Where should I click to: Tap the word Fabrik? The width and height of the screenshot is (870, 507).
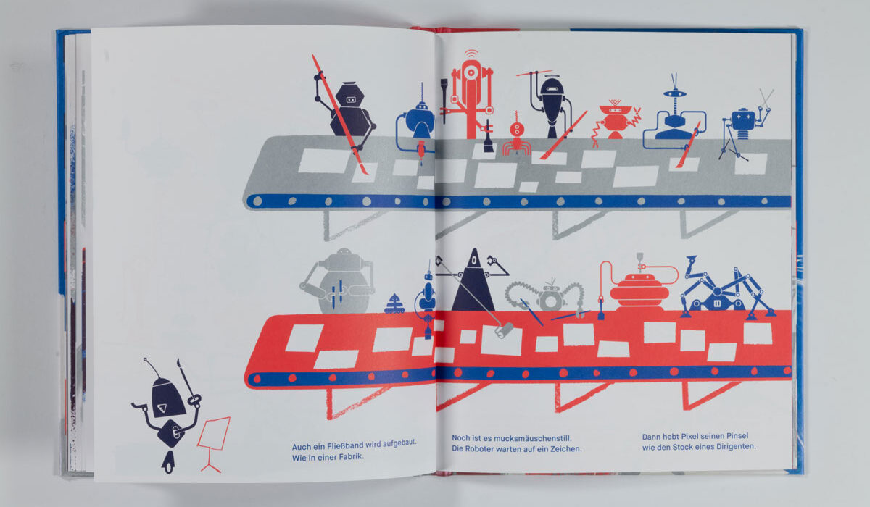tap(352, 456)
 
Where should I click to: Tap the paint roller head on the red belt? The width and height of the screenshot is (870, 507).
tap(504, 330)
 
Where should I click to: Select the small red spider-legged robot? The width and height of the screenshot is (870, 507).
tap(516, 139)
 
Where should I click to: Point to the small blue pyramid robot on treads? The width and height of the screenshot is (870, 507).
tap(394, 303)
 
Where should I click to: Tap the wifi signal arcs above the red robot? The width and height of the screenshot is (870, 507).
tap(471, 54)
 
